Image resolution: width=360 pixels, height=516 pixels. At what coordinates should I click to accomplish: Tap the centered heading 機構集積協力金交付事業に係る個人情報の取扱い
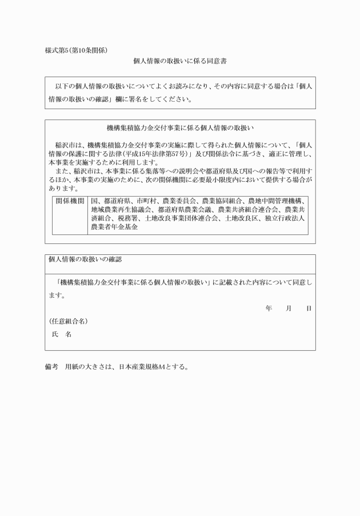(x=180, y=127)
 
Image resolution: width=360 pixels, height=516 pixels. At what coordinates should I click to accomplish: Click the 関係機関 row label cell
(x=70, y=202)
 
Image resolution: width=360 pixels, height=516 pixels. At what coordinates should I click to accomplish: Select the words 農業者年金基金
(x=115, y=227)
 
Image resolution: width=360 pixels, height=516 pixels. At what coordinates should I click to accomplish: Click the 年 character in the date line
(x=269, y=309)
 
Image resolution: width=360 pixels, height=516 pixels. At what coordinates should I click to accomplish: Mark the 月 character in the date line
(x=289, y=309)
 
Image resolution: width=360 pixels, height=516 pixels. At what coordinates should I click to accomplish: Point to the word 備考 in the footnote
(x=51, y=366)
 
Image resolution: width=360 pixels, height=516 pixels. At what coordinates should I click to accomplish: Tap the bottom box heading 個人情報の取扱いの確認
(x=85, y=259)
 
